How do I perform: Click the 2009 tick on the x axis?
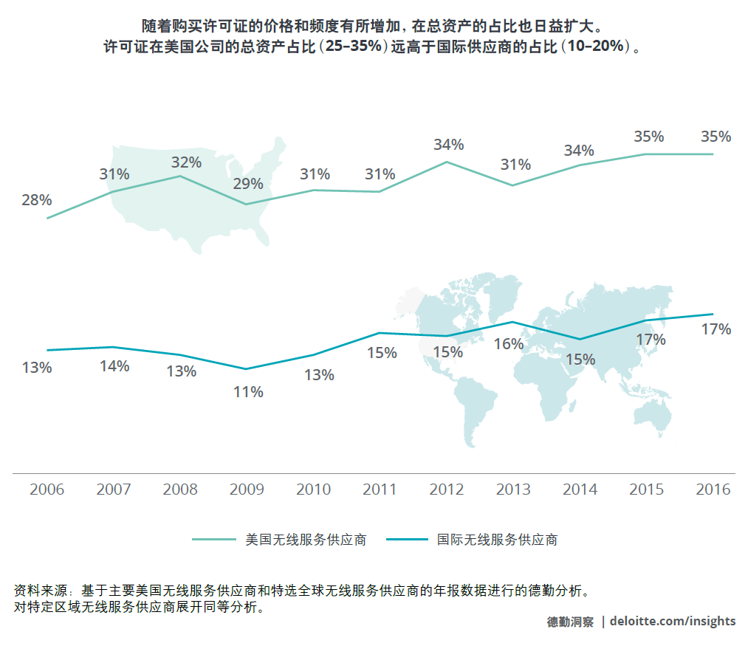248,489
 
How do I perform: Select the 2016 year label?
713,489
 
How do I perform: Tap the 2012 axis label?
447,489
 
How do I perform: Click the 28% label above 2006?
36,200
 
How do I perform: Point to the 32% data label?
186,162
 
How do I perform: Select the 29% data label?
248,184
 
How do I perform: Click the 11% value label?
248,392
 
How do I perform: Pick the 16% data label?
509,344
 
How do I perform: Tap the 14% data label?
114,366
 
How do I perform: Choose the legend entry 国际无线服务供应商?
497,540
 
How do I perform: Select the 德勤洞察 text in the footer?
570,622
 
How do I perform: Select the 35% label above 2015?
649,137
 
